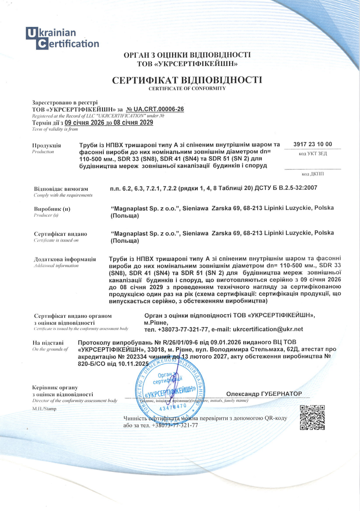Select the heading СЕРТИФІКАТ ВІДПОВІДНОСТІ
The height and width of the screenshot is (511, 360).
pyautogui.click(x=187, y=81)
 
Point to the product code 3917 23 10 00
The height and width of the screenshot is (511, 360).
pyautogui.click(x=313, y=144)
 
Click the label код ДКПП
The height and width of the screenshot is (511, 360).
pyautogui.click(x=313, y=174)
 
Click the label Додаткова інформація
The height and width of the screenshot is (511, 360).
pyautogui.click(x=65, y=259)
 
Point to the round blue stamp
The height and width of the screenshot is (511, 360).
pyautogui.click(x=169, y=387)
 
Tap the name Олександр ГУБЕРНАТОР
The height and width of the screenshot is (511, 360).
pyautogui.click(x=264, y=393)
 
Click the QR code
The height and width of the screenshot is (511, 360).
pyautogui.click(x=312, y=418)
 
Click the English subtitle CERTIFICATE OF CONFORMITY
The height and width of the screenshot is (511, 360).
pyautogui.click(x=187, y=88)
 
